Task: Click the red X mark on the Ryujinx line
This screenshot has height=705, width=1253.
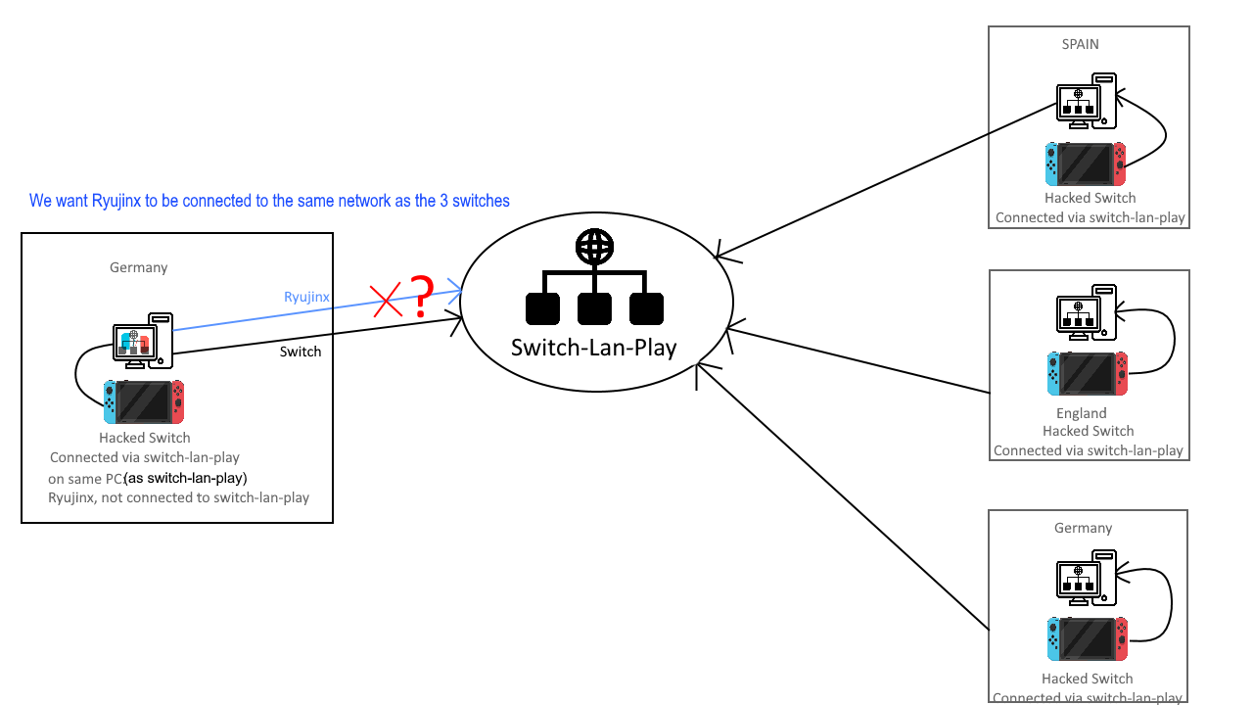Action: tap(386, 301)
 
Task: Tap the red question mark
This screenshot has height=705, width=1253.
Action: tap(422, 296)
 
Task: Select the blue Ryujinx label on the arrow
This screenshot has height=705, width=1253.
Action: tap(306, 297)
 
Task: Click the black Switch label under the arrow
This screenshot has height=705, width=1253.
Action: tap(301, 352)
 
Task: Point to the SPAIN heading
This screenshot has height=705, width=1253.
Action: tap(1080, 44)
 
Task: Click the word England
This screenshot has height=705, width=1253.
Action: tap(1082, 413)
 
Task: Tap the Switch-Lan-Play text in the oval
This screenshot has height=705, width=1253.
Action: tap(594, 348)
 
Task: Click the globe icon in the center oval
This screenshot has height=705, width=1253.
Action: tap(594, 246)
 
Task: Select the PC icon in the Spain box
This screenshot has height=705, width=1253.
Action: tap(1087, 101)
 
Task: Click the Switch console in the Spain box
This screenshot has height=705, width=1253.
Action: tap(1086, 164)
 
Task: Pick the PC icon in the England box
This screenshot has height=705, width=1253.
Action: tap(1087, 312)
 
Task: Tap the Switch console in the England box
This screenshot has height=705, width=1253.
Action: tap(1088, 374)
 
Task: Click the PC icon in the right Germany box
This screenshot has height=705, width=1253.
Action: tap(1087, 578)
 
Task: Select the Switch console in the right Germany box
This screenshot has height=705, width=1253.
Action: tap(1088, 639)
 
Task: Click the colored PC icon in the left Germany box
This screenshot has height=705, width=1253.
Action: tap(143, 341)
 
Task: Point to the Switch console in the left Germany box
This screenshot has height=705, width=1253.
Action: tap(144, 402)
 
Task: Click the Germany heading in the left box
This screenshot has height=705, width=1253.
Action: tap(139, 267)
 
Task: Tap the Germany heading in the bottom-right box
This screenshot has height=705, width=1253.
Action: tap(1083, 528)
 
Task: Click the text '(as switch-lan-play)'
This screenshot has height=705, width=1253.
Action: tap(186, 478)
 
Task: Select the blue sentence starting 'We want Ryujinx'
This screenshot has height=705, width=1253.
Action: tap(269, 201)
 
